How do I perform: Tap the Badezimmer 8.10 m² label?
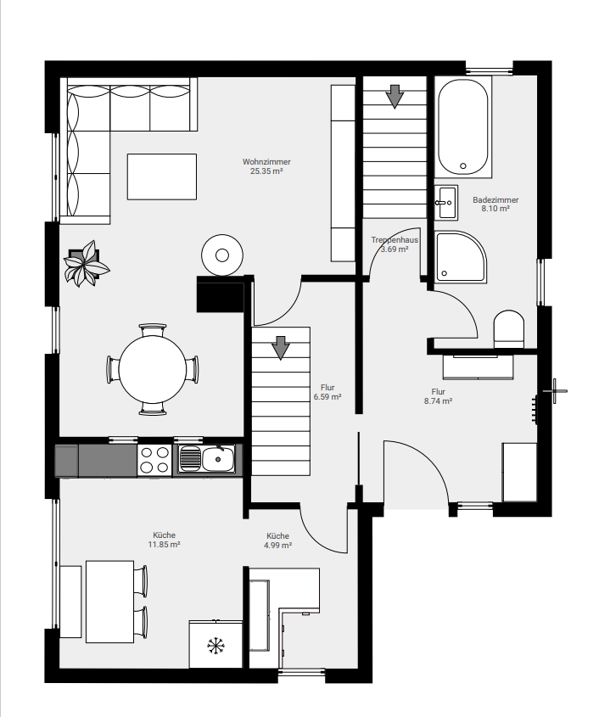[x=495, y=204]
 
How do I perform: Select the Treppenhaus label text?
[x=395, y=239]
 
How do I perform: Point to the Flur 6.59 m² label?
[x=327, y=392]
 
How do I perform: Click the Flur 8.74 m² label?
[x=438, y=396]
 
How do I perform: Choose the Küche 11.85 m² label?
[x=164, y=540]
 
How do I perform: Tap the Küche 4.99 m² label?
[x=277, y=541]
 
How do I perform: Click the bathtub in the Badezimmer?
[x=462, y=126]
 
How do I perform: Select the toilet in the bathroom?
[x=508, y=328]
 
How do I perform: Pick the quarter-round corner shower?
[x=461, y=256]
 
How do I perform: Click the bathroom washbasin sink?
[x=445, y=202]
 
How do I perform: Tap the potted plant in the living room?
[x=87, y=264]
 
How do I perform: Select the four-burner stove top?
[x=154, y=460]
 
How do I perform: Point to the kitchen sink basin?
[x=218, y=459]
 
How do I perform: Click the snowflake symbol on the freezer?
[x=216, y=646]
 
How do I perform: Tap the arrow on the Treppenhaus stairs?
[x=395, y=97]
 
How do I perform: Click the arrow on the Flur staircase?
[x=281, y=348]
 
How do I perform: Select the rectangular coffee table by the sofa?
[x=162, y=176]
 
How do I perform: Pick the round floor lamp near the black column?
[x=222, y=255]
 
